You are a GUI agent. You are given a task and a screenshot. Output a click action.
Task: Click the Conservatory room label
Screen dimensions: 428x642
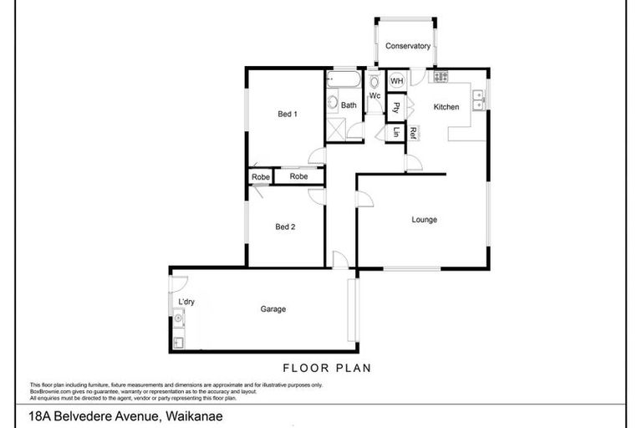pyautogui.click(x=408, y=46)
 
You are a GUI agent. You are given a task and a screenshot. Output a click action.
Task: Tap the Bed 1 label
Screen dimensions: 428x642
pyautogui.click(x=288, y=114)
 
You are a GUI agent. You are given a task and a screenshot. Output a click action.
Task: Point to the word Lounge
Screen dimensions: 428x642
pyautogui.click(x=424, y=220)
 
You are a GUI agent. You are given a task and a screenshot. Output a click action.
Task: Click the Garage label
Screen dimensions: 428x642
pyautogui.click(x=273, y=309)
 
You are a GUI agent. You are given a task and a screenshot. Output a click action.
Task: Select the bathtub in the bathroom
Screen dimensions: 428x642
pyautogui.click(x=343, y=81)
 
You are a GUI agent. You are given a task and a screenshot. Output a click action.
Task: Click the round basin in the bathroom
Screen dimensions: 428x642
pyautogui.click(x=332, y=104)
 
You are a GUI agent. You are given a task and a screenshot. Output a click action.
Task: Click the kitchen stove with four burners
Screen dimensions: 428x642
pyautogui.click(x=440, y=78)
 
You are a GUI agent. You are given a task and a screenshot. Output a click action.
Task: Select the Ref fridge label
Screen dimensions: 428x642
pyautogui.click(x=412, y=130)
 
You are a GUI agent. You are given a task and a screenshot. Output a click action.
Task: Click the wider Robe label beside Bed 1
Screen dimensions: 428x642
pyautogui.click(x=298, y=176)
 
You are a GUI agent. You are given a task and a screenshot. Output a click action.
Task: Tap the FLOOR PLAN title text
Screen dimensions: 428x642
pyautogui.click(x=326, y=367)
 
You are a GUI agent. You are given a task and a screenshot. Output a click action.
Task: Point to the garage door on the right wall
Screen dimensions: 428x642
pyautogui.click(x=354, y=310)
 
